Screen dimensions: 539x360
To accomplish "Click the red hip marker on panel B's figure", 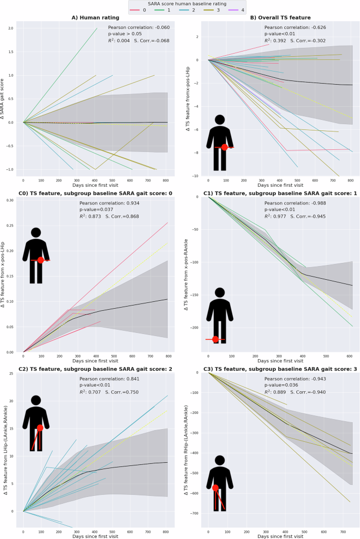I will (x=225, y=147).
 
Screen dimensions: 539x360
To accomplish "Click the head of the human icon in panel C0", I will (x=36, y=232).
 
